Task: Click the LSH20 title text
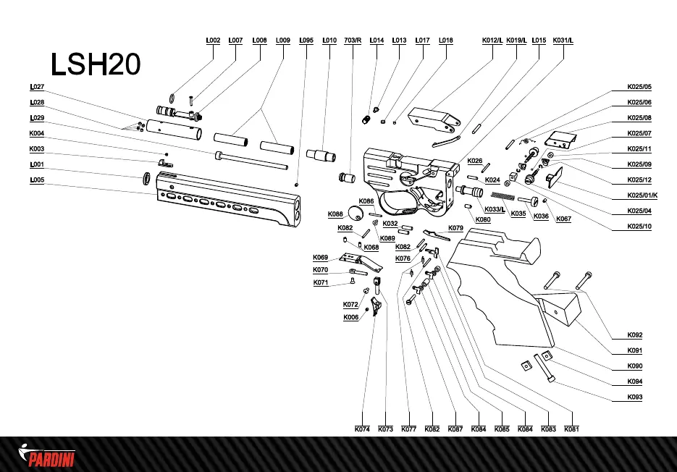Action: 96,65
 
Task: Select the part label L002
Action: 212,41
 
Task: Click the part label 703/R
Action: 353,41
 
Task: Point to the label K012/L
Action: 492,41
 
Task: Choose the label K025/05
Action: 639,87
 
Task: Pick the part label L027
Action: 37,87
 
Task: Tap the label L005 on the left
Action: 37,180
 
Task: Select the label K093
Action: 635,397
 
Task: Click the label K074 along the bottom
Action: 362,429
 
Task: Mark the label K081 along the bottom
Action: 571,429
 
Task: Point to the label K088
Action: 335,214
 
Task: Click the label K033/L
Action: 495,209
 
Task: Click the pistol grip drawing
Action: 500,290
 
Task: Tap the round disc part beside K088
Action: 356,213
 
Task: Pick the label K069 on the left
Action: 321,258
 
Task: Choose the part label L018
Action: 446,41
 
